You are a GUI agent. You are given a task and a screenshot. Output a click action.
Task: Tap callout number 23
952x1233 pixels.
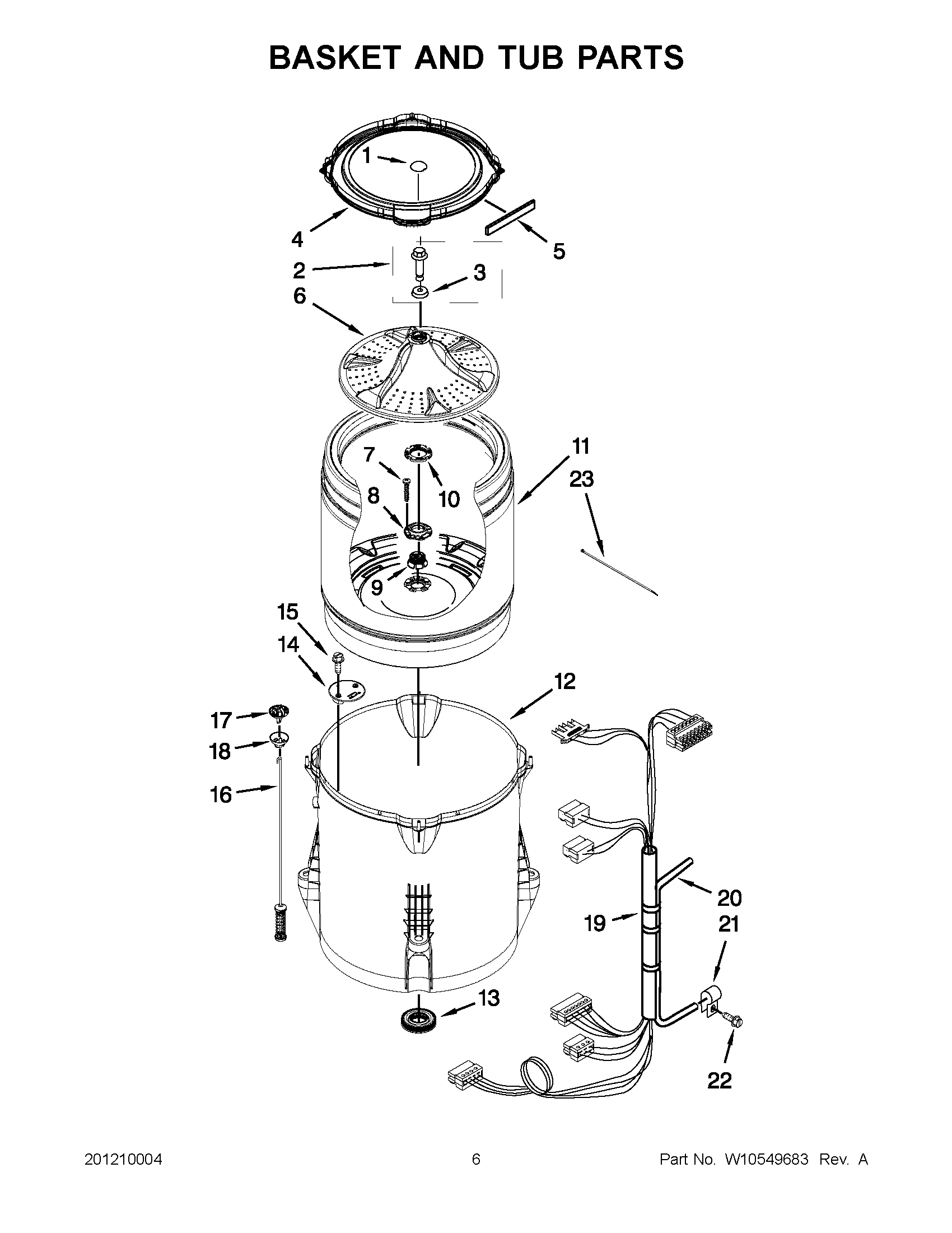[x=581, y=479]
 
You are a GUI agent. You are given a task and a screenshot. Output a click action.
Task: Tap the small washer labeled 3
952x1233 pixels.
[x=419, y=291]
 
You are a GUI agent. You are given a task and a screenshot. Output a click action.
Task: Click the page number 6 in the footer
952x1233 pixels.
[x=475, y=1160]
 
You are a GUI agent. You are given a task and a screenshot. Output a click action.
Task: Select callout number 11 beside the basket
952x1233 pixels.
[x=581, y=445]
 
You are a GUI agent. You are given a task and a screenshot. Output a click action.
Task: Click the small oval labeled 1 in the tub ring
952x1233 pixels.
[x=418, y=166]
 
